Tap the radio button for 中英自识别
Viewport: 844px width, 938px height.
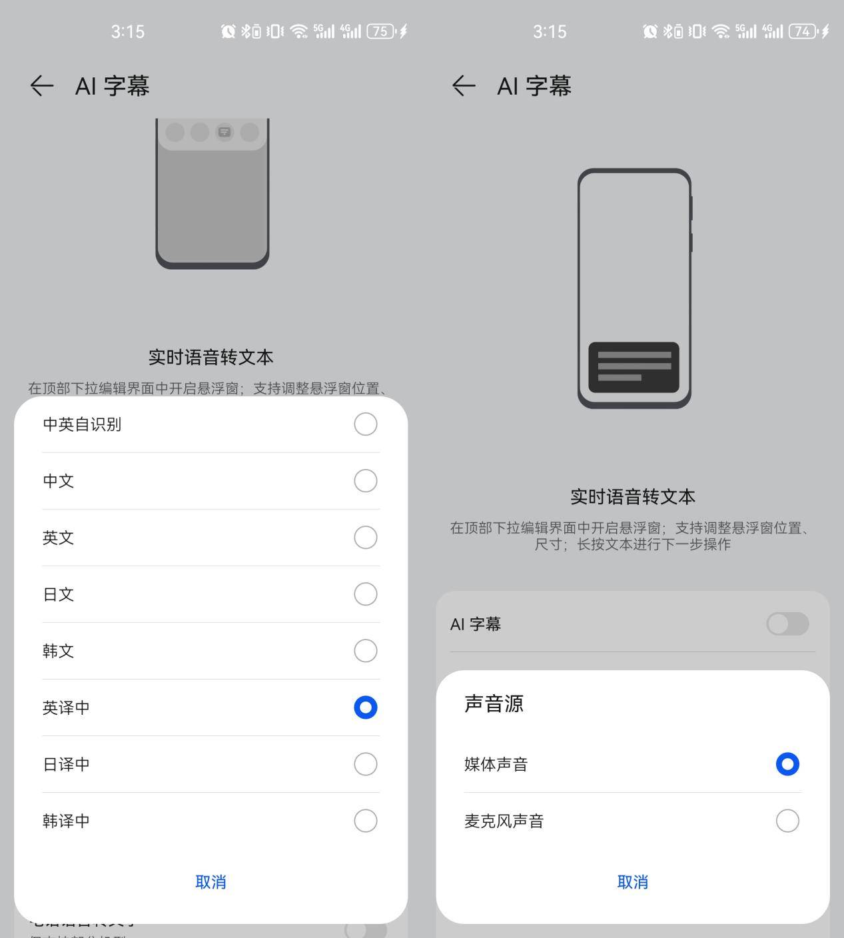365,424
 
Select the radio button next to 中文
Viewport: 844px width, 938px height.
365,481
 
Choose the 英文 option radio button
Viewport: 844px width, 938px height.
365,538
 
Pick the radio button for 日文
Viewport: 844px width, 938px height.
365,594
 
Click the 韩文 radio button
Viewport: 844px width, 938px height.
365,651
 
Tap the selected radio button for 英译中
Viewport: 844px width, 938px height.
365,707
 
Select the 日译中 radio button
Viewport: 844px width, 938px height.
365,764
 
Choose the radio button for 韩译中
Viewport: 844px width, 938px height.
365,821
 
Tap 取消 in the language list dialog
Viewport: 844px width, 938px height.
211,882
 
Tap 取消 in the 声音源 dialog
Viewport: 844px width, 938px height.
632,882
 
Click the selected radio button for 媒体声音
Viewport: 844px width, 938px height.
787,764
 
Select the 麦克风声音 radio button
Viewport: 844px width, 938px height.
787,821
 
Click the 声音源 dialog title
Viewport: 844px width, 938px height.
494,703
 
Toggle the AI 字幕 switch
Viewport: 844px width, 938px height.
787,624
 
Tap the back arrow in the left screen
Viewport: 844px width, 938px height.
41,86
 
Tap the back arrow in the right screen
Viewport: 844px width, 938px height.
464,86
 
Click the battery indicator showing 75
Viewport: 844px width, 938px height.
380,31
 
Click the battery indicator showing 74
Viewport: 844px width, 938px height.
803,31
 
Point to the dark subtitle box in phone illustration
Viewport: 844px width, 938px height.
633,367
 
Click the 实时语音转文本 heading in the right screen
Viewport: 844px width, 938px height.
632,497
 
